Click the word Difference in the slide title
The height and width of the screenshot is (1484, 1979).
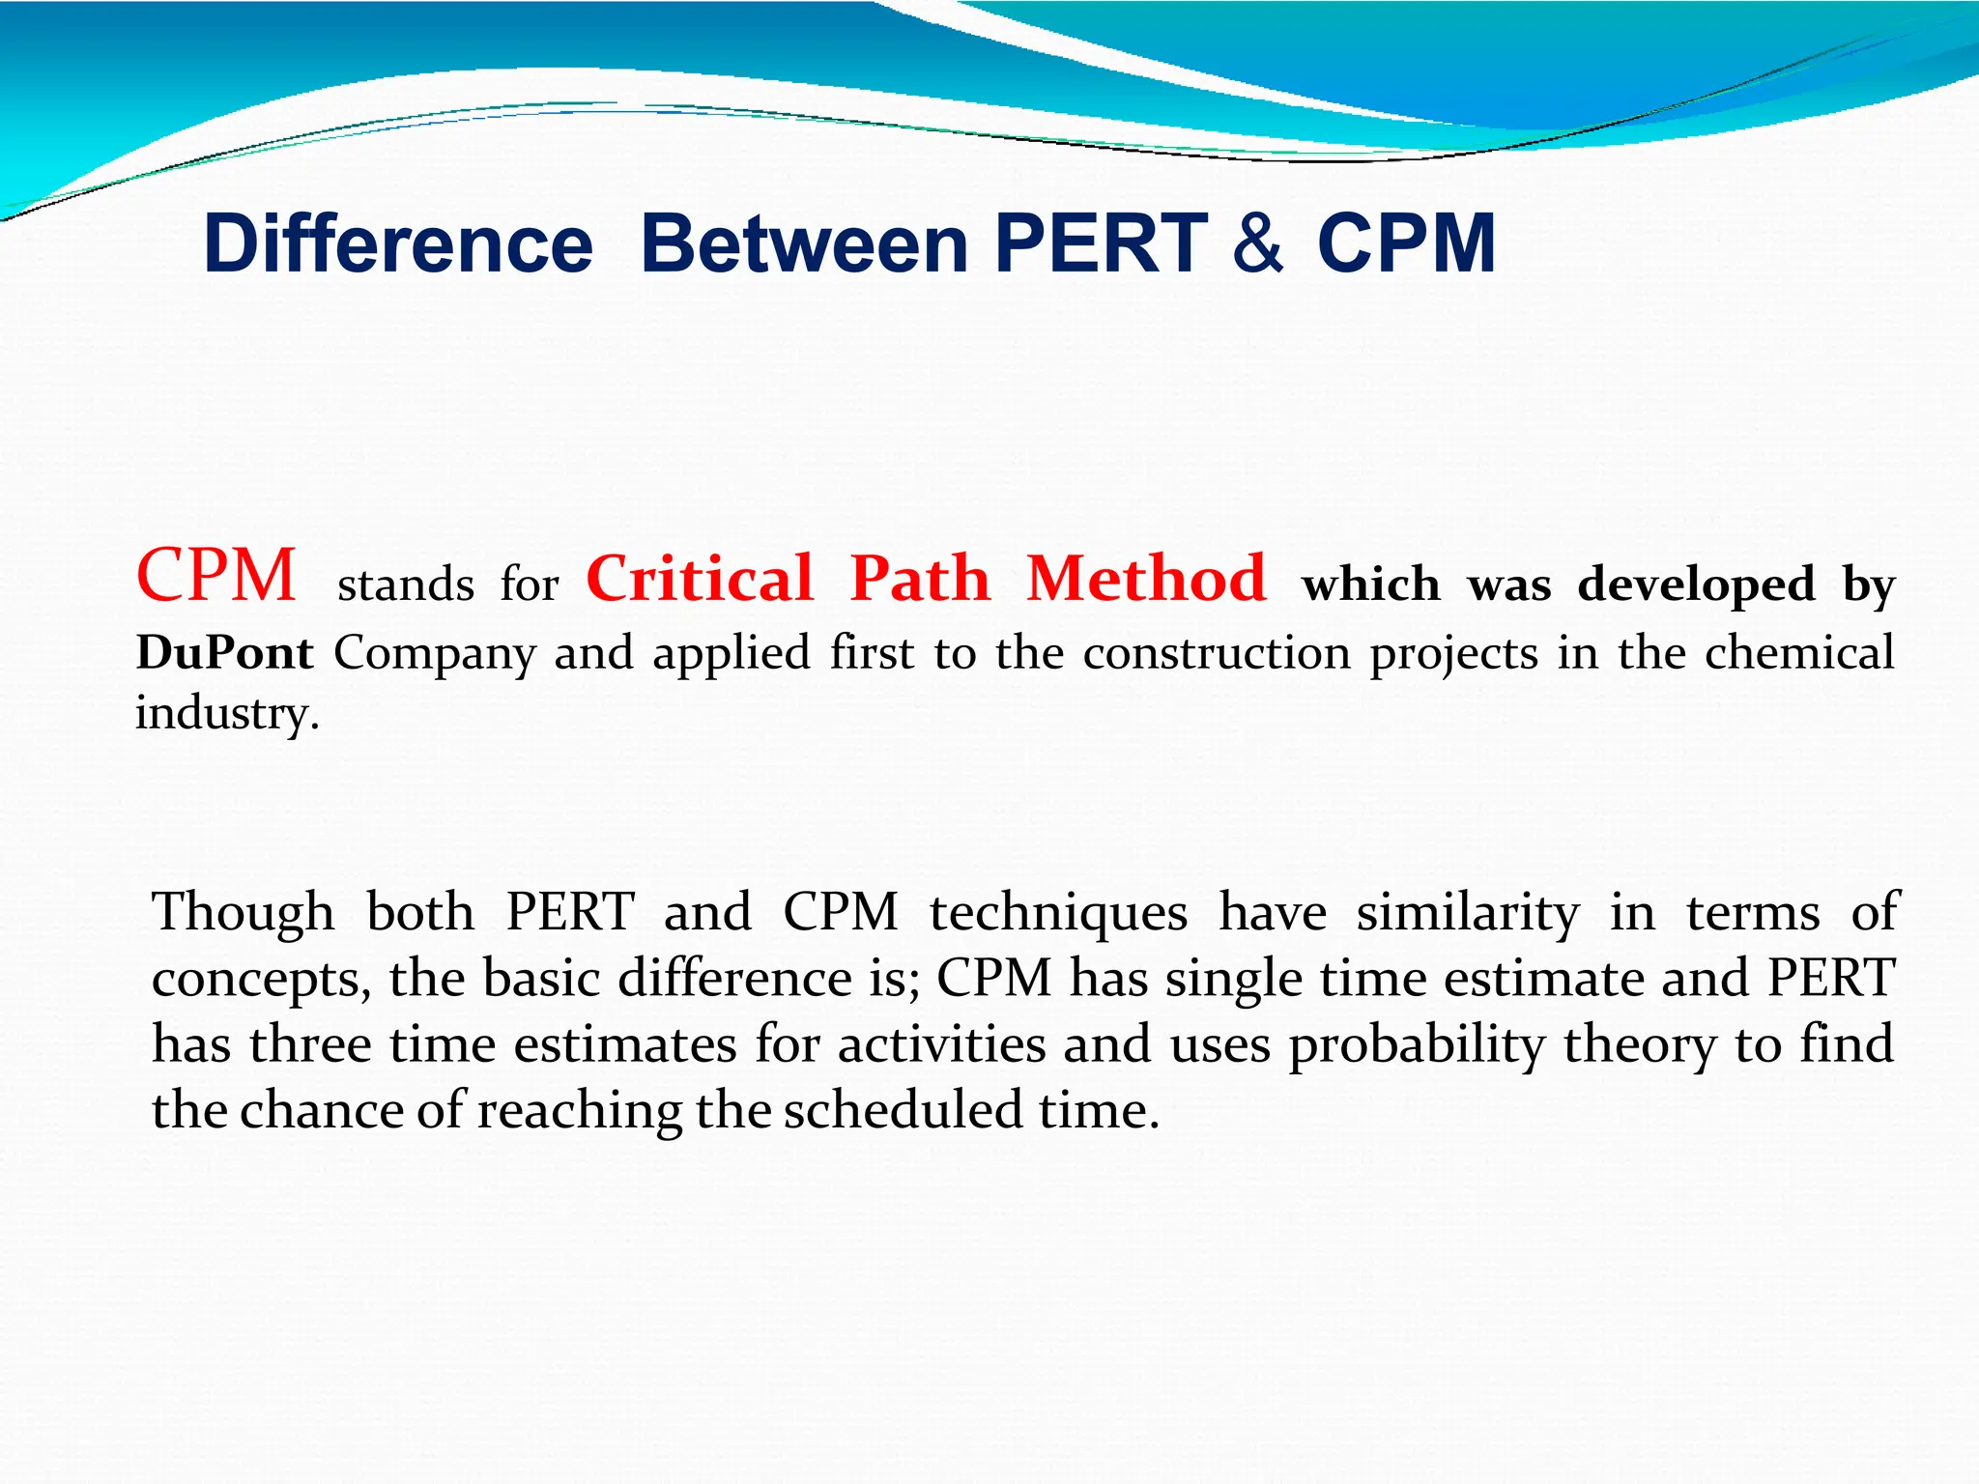(398, 243)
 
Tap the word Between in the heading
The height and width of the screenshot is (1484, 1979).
(804, 243)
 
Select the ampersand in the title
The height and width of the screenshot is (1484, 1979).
(1258, 243)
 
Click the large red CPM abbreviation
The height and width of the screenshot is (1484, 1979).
(216, 576)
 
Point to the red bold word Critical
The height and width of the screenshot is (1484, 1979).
(700, 580)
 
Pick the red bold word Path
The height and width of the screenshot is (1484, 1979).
(920, 580)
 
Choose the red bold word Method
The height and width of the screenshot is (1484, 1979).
(1146, 580)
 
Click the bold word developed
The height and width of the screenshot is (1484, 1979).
(1696, 585)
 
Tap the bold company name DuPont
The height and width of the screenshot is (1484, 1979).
(224, 653)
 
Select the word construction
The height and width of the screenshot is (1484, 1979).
(1216, 653)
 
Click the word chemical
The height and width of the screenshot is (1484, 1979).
(1799, 653)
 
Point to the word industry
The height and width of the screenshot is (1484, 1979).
(226, 715)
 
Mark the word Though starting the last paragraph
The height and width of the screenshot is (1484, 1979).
(244, 912)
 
